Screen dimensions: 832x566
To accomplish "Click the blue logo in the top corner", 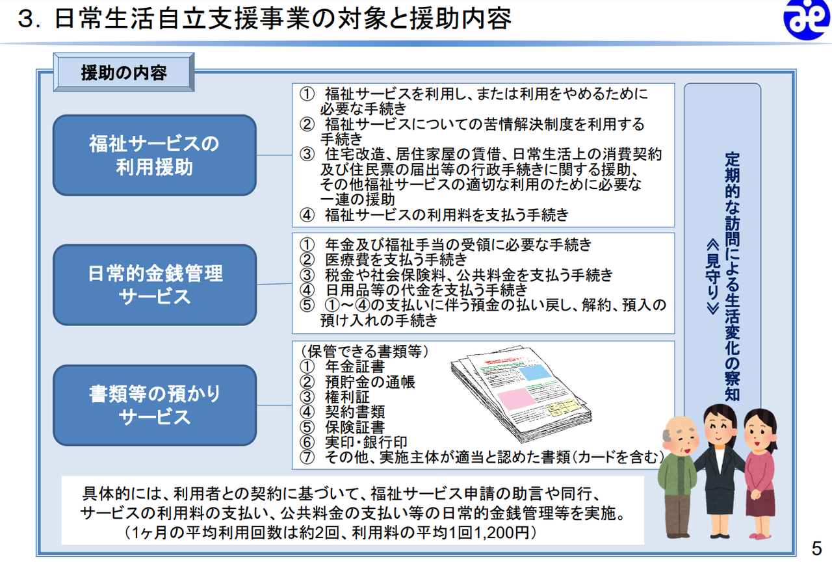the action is (x=807, y=19).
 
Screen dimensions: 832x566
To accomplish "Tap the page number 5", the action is (x=816, y=548).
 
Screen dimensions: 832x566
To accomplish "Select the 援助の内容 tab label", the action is (x=123, y=72).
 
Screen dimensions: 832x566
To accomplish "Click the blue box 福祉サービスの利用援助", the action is (x=155, y=155).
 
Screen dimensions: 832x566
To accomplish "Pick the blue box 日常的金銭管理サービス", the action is (x=155, y=285).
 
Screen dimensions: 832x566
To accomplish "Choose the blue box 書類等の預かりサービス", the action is (x=155, y=405).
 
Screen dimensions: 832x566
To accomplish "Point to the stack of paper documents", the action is (x=521, y=394).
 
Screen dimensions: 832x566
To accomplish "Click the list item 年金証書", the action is (x=355, y=367).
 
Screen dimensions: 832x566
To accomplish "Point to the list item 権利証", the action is (x=347, y=397).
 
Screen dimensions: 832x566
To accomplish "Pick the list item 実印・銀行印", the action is (x=366, y=443).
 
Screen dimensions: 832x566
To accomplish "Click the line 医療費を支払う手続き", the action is (x=396, y=259).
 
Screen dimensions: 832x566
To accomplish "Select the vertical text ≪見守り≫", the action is (x=713, y=277).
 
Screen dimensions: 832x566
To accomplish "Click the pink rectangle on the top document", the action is (x=516, y=398).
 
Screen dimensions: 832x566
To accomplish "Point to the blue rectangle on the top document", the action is (x=535, y=372).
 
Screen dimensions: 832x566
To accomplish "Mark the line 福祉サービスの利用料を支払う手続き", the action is (x=447, y=215).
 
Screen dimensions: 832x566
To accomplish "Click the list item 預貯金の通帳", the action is (x=370, y=382).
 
